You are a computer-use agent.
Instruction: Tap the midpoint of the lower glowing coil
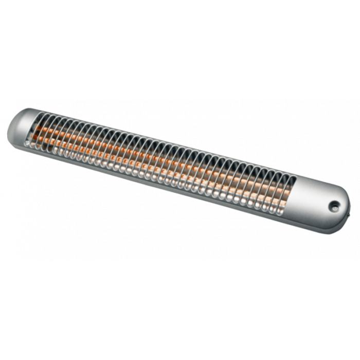(161, 165)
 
